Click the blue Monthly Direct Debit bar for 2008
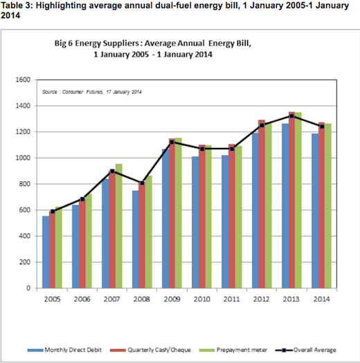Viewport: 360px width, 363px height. [x=136, y=239]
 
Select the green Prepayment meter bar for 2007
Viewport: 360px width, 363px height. [x=118, y=226]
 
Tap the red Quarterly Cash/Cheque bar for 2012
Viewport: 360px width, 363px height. [x=262, y=204]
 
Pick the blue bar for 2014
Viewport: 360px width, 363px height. [x=315, y=211]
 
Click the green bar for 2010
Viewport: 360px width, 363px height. [x=208, y=216]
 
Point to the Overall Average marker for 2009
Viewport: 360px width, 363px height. [x=172, y=142]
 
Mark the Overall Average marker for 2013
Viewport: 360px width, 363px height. [x=291, y=116]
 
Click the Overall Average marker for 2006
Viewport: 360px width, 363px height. [x=82, y=199]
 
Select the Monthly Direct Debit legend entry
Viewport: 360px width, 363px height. [x=64, y=350]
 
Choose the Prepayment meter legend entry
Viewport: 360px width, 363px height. [x=233, y=350]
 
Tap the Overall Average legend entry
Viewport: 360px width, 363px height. [x=305, y=350]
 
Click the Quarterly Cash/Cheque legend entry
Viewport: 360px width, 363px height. [x=150, y=350]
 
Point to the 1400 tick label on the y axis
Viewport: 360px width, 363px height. [x=23, y=106]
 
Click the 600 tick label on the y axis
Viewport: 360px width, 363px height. [x=25, y=210]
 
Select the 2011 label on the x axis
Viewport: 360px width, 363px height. [x=231, y=299]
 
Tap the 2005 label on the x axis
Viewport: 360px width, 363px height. [x=52, y=299]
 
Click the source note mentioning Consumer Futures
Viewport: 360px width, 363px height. [x=92, y=92]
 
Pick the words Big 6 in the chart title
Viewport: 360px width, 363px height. [x=64, y=44]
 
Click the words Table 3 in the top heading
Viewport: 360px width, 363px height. [x=17, y=6]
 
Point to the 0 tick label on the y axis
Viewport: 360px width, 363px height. [x=28, y=288]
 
